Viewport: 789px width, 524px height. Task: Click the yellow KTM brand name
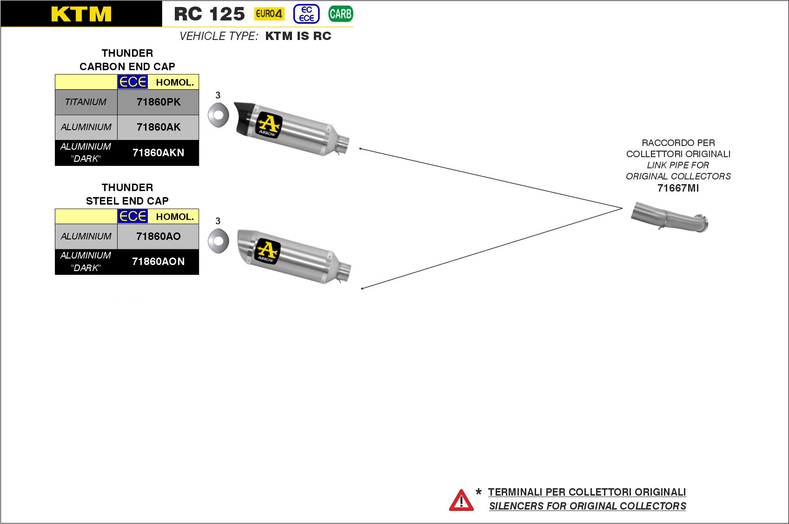point(81,14)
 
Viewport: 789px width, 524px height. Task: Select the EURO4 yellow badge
point(269,14)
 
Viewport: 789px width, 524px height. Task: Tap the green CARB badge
point(340,14)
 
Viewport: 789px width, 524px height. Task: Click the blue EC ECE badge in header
point(306,14)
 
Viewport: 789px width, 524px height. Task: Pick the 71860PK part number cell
point(158,102)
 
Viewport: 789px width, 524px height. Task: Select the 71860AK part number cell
point(158,127)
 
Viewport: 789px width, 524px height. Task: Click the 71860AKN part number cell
point(158,153)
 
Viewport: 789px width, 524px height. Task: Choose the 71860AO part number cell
point(158,237)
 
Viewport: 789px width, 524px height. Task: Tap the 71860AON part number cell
point(158,262)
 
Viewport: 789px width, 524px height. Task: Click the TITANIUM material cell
point(86,102)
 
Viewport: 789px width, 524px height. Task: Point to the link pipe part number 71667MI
point(678,188)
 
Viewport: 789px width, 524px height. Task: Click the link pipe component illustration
point(670,218)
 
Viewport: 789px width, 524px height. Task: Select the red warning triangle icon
point(461,500)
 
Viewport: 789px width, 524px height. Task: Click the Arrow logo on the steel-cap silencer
point(267,252)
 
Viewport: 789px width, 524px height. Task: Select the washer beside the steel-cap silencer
point(218,241)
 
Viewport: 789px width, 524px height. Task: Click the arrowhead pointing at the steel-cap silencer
point(362,288)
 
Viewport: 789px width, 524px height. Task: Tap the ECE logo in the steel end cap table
point(133,217)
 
